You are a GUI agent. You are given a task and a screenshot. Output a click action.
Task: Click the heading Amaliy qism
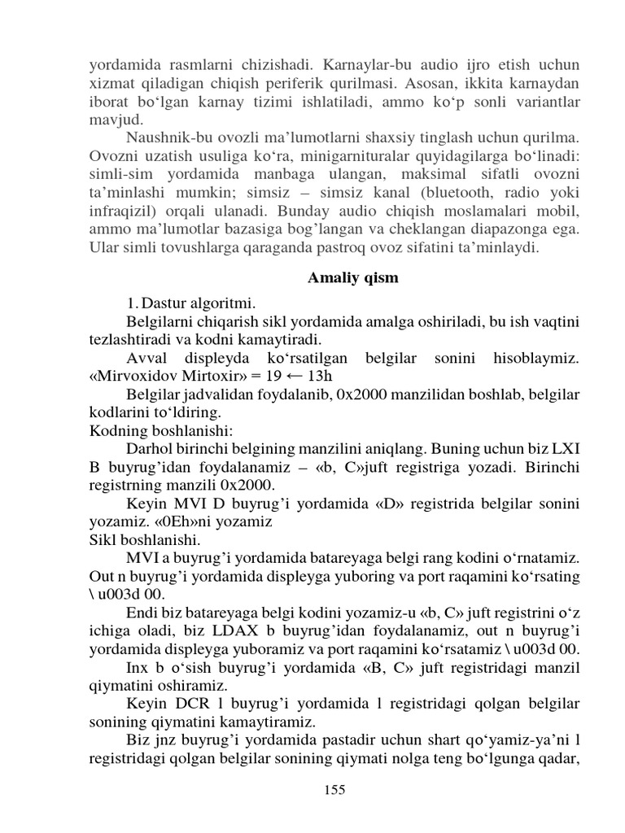coord(353,277)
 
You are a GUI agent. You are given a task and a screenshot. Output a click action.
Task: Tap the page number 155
coord(334,789)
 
